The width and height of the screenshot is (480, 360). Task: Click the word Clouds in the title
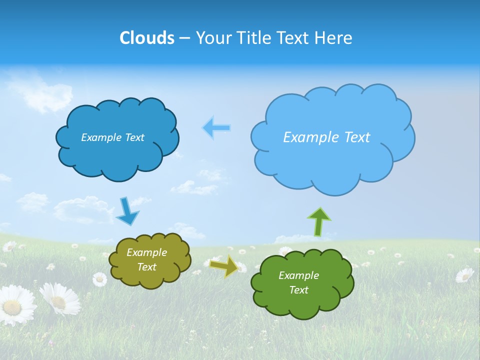(147, 38)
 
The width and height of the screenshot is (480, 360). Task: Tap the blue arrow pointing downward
(127, 211)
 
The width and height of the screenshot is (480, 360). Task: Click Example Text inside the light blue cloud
(326, 137)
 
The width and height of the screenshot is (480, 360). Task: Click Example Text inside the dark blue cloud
(112, 137)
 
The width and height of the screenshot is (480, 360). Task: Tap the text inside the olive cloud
(146, 259)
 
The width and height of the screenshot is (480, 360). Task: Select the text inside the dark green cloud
(298, 282)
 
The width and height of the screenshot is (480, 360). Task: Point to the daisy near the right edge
(464, 274)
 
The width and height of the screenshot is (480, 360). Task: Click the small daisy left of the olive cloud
(99, 279)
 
